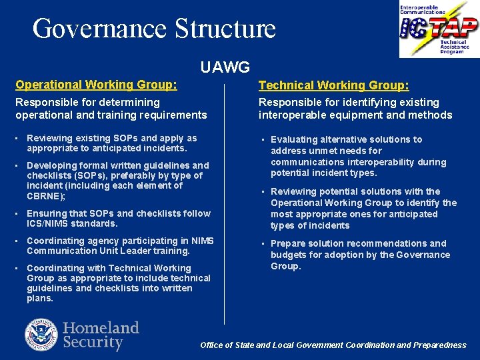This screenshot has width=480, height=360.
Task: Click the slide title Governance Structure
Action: click(154, 29)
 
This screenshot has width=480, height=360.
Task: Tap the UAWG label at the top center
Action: click(225, 67)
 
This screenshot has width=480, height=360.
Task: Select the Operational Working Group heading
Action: click(97, 85)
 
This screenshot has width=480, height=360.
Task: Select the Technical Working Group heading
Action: click(334, 85)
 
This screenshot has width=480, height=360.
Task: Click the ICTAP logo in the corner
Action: click(438, 29)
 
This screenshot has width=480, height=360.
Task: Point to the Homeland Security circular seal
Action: click(41, 335)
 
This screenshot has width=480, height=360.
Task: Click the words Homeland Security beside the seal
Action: click(101, 335)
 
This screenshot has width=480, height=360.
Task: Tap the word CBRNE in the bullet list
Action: click(45, 196)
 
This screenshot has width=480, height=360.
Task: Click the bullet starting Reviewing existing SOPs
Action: click(111, 143)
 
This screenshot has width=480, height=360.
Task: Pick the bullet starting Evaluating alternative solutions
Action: click(358, 156)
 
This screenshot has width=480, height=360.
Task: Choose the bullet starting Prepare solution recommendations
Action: click(359, 255)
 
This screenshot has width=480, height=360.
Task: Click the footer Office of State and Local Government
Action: click(333, 345)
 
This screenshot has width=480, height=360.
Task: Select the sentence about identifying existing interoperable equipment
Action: click(355, 109)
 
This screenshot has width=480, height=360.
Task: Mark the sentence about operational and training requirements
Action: click(111, 109)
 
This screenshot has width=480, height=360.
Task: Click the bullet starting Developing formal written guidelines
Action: click(117, 180)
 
